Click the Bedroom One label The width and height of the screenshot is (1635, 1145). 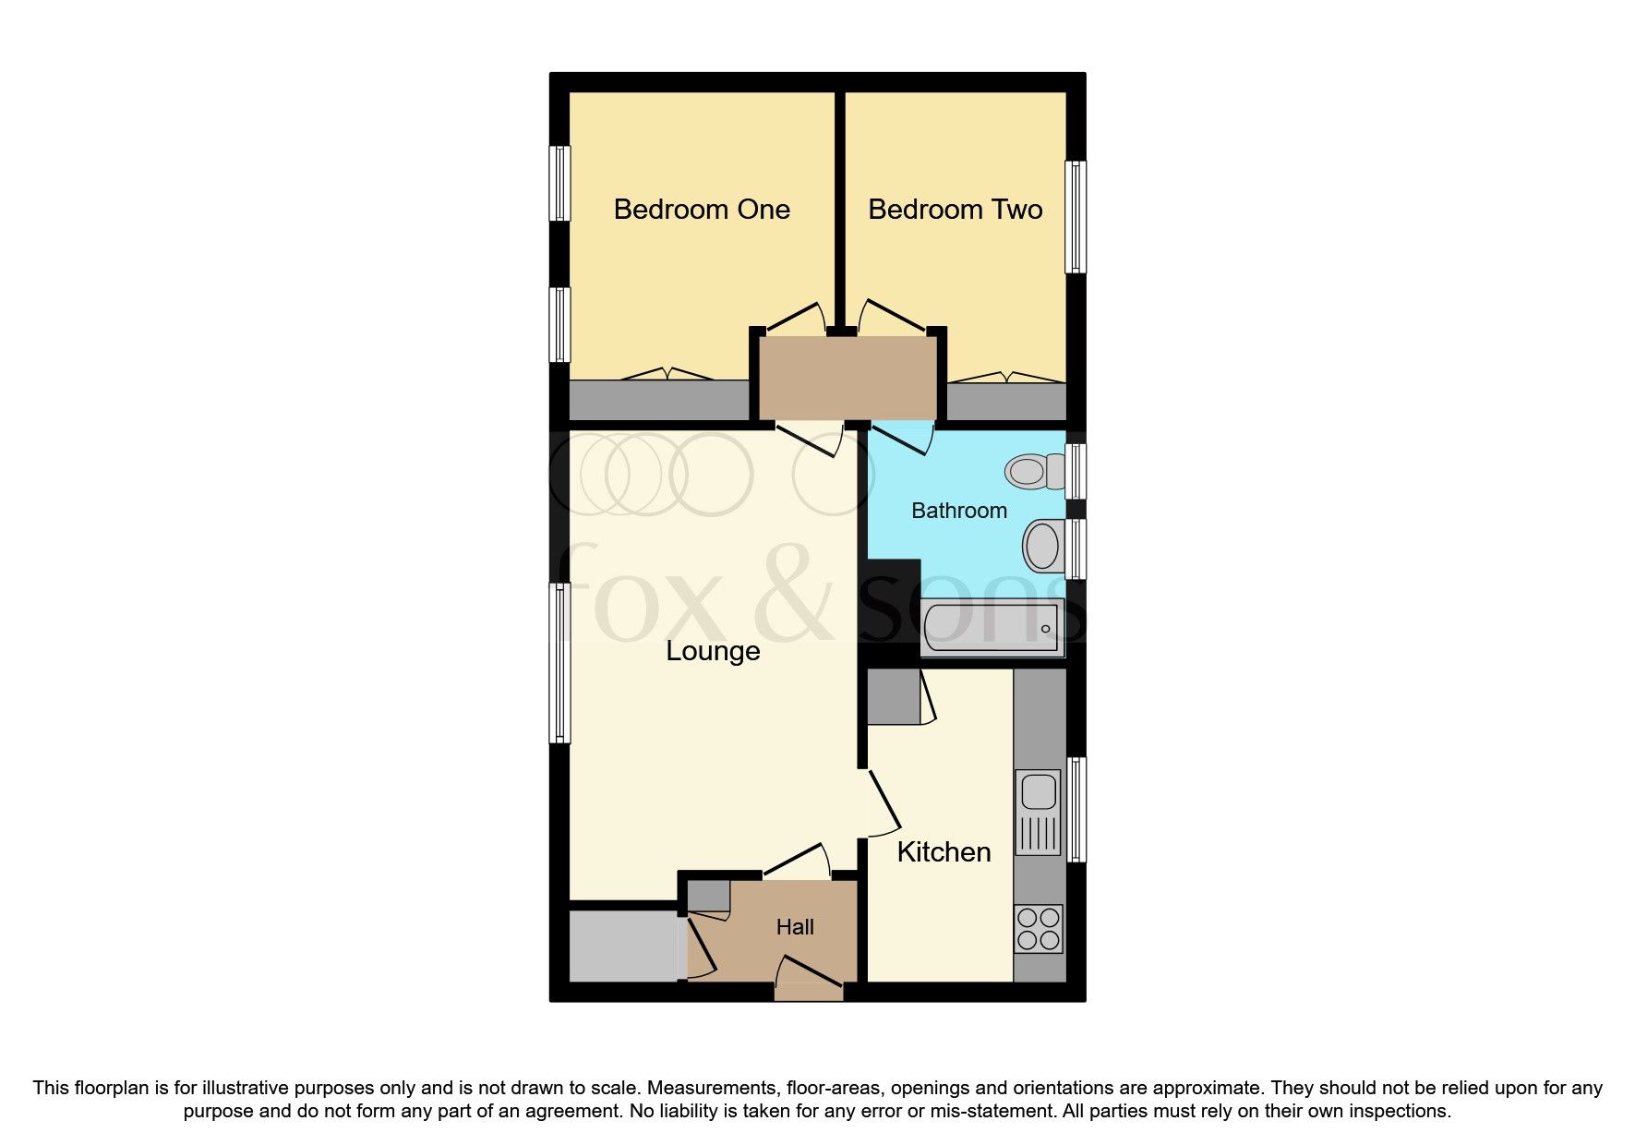(702, 210)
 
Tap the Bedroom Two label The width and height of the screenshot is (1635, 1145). (955, 210)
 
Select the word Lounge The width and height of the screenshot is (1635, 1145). (713, 651)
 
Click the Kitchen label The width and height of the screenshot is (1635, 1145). (944, 851)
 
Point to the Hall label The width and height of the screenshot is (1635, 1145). (795, 927)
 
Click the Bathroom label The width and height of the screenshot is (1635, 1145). (958, 511)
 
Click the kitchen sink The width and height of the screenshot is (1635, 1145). (1039, 791)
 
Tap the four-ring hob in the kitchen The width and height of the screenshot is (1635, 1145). (1039, 929)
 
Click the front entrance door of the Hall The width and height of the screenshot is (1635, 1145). (809, 979)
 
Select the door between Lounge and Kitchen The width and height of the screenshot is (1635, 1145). (882, 801)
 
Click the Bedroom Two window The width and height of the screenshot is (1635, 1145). (1076, 217)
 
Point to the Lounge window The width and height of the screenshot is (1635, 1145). (559, 662)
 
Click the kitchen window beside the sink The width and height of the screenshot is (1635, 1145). (1076, 810)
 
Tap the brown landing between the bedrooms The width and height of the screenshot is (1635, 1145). (847, 378)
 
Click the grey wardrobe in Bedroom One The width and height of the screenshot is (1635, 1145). (658, 400)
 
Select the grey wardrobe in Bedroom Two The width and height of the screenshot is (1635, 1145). (1006, 402)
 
